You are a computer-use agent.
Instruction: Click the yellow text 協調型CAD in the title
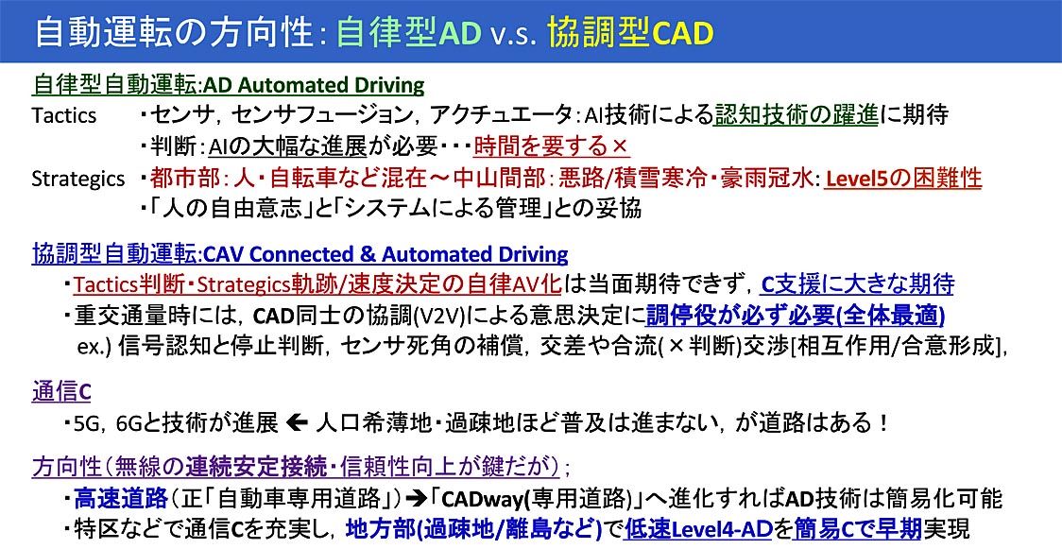[630, 33]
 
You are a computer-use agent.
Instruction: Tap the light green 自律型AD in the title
[408, 33]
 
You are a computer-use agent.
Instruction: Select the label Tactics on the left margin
[63, 116]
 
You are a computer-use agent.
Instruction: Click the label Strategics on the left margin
[77, 179]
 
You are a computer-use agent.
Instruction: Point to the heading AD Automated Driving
[315, 85]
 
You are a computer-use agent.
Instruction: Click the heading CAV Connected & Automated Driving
[385, 254]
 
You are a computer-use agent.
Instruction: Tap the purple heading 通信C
[61, 392]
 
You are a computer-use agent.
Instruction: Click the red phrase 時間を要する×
[552, 146]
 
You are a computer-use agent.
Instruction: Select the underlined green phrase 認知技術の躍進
[796, 115]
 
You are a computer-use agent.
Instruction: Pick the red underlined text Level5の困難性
[903, 178]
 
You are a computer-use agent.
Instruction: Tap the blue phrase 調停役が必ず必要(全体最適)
[796, 315]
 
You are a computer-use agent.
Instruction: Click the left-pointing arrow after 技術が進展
[298, 423]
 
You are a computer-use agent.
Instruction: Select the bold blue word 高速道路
[121, 500]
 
